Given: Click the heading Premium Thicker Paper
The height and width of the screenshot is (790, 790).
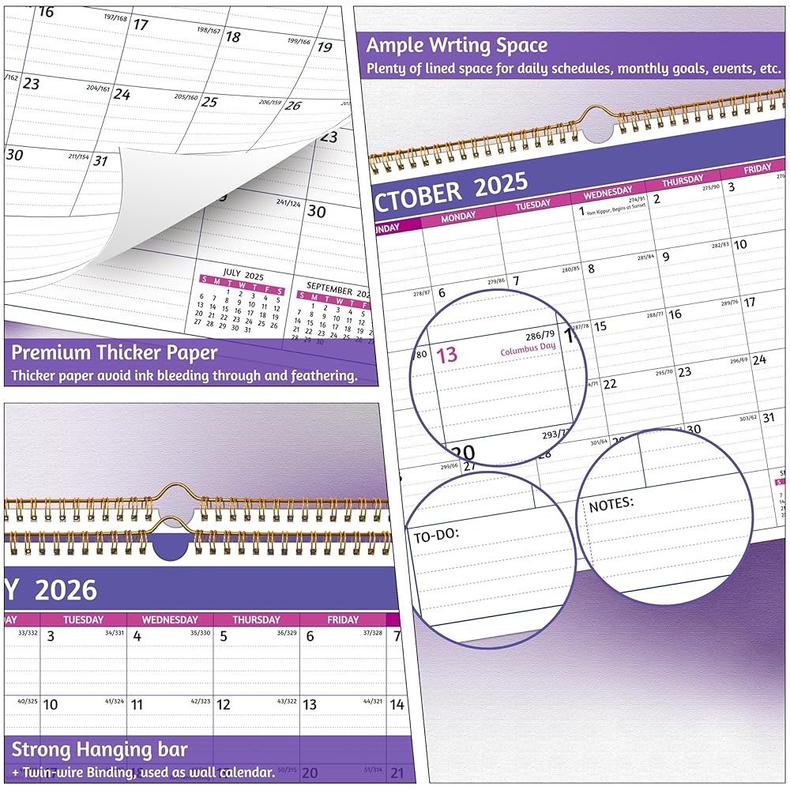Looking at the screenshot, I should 114,352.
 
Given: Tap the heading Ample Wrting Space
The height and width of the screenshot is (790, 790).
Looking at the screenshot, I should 457,45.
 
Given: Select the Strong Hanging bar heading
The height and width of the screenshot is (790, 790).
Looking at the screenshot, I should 100,749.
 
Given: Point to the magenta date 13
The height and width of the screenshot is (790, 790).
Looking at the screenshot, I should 447,355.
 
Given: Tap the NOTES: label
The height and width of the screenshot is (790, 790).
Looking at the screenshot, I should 611,503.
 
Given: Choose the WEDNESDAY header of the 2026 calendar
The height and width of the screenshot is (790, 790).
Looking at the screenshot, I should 169,620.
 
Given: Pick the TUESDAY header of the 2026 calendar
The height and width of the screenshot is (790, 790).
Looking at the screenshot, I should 83,620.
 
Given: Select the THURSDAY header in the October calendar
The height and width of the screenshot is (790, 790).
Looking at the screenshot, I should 682,181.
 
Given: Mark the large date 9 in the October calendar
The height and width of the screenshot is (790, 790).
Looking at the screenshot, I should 665,256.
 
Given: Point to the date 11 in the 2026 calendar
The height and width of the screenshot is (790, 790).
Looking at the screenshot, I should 137,705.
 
